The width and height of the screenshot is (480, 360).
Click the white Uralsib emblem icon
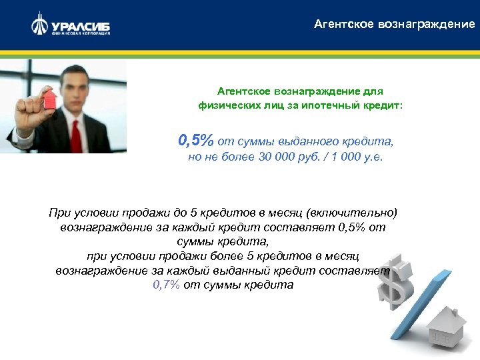(39, 25)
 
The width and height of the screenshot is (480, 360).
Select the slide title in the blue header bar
(395, 24)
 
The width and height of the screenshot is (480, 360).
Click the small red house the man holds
(48, 100)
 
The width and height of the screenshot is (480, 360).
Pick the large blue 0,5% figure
(195, 141)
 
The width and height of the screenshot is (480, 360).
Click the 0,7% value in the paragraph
(167, 284)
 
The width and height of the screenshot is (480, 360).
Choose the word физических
(227, 105)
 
